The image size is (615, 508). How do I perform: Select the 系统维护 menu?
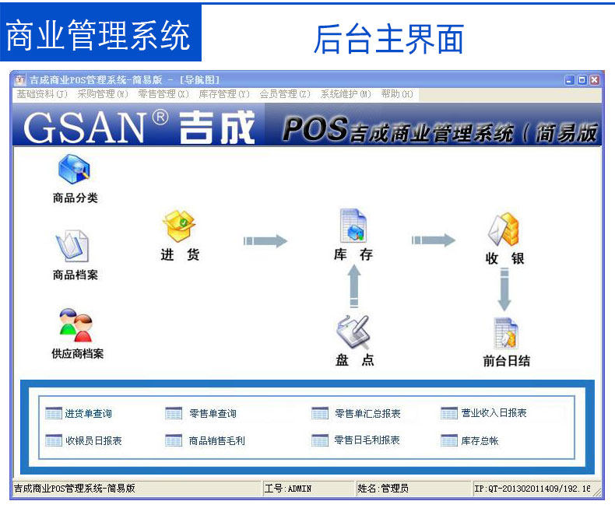pos(346,94)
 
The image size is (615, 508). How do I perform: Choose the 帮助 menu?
pos(396,94)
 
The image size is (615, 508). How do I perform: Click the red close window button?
pos(595,79)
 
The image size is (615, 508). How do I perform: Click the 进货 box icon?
pos(179,226)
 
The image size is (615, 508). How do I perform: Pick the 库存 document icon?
pos(353,226)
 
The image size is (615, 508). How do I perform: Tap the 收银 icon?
pos(504,229)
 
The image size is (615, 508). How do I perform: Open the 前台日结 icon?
pos(506,333)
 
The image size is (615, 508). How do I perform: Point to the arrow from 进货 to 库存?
pos(265,241)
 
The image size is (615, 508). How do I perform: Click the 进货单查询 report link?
pos(87,414)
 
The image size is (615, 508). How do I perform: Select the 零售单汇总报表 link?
pos(367,414)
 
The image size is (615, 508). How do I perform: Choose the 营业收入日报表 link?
pos(493,413)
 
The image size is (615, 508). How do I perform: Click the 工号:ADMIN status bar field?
pos(288,489)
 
